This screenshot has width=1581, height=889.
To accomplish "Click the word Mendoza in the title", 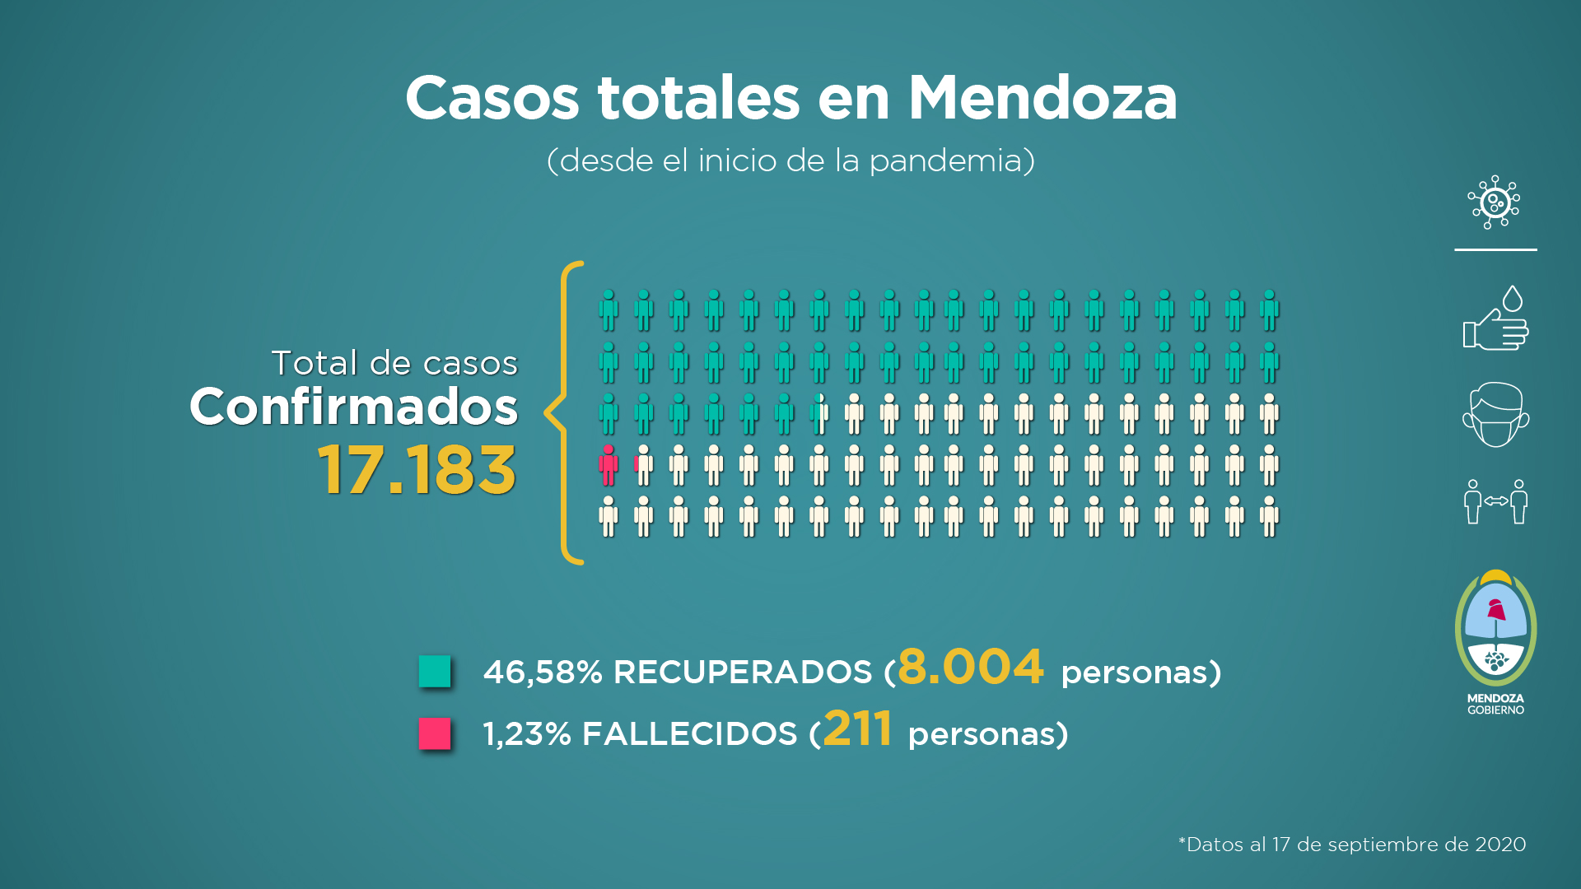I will tap(1042, 99).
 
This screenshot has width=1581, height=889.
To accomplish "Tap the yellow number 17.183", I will tap(417, 470).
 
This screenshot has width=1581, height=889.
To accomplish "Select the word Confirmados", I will tap(354, 407).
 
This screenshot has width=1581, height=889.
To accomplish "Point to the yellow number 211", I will tap(857, 729).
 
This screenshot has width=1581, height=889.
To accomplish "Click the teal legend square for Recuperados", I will tap(435, 671).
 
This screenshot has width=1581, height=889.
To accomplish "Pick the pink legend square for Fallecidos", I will tap(435, 733).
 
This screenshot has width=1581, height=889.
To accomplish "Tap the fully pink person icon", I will tap(609, 465).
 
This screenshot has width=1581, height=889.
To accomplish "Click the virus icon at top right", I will tap(1494, 202).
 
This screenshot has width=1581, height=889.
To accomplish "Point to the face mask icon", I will tap(1495, 415).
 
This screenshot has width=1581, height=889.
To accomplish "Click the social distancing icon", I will tap(1495, 501).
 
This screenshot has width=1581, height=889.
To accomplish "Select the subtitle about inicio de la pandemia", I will tap(790, 161).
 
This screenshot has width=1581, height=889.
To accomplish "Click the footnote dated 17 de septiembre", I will tap(1352, 845).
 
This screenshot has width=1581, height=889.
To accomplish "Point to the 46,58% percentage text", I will tap(543, 673).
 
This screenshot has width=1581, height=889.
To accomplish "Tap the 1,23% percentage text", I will tap(527, 734).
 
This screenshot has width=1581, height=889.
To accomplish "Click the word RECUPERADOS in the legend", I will tap(742, 673).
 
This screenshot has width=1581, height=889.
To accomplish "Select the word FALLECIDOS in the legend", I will tap(689, 734).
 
